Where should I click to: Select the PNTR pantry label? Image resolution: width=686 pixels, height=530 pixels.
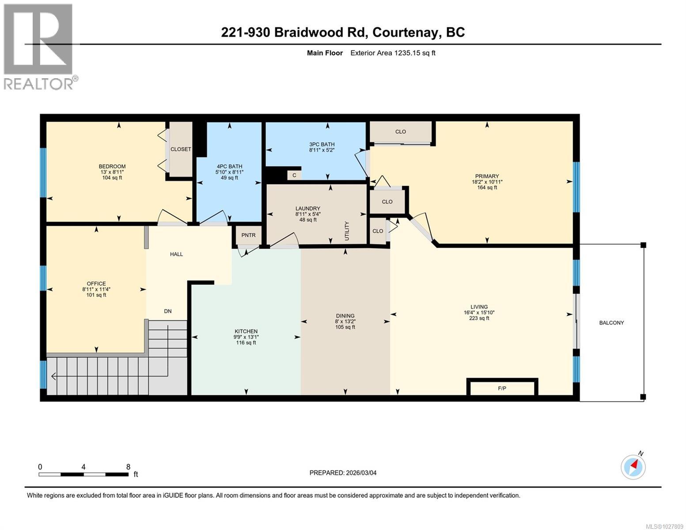(248, 235)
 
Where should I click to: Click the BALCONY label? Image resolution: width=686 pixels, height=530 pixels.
(611, 323)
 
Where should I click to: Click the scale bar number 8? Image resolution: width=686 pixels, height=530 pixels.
(128, 466)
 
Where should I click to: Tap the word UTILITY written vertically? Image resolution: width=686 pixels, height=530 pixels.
(347, 231)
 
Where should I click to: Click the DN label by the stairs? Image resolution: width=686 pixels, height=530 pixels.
(168, 311)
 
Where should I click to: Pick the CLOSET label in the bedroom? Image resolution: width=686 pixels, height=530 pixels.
(181, 149)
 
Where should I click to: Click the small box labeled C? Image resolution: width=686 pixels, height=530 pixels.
(294, 175)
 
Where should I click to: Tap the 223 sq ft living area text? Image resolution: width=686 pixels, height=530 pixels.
(479, 318)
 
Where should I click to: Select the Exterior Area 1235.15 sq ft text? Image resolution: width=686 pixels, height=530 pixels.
(393, 53)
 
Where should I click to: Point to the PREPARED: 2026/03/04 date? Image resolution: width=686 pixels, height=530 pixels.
(343, 473)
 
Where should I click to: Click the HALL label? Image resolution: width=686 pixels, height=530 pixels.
(177, 254)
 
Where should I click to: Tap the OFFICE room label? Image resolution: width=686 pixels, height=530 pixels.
(96, 284)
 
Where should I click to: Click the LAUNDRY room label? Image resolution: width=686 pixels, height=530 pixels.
(308, 208)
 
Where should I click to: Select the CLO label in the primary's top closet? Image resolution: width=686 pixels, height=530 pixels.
(401, 132)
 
